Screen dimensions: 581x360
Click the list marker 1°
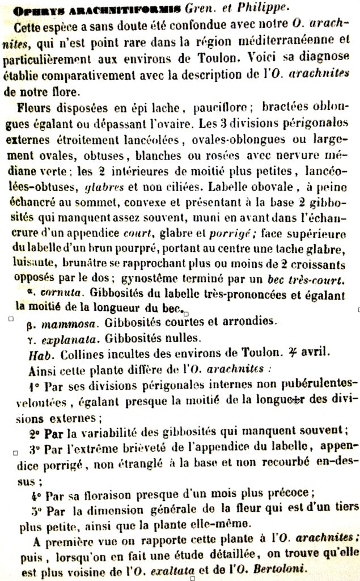[x=33, y=385]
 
